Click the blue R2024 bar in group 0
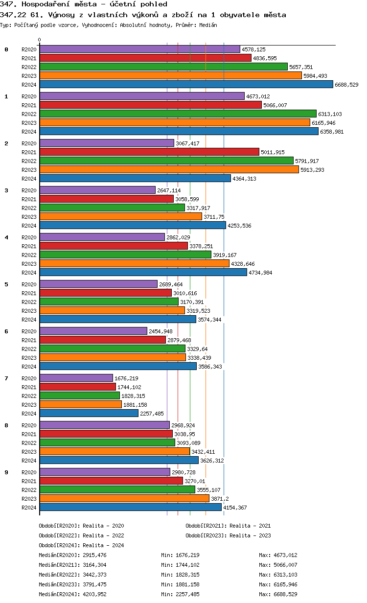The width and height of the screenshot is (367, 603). click(186, 85)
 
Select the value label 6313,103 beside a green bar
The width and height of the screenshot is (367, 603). click(330, 114)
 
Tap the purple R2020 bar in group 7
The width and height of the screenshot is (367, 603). click(76, 378)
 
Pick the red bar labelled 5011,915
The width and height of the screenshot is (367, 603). click(149, 152)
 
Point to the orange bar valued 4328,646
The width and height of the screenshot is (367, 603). click(134, 264)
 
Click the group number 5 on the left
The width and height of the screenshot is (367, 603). click(6, 284)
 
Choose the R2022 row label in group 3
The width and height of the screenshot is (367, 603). click(29, 208)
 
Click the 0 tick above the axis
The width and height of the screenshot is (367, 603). click(40, 40)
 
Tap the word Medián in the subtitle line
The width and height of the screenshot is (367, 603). click(208, 24)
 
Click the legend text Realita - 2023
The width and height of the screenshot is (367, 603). click(250, 535)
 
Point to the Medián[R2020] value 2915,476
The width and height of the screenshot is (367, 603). click(94, 555)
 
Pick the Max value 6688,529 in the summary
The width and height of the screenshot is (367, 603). click(285, 594)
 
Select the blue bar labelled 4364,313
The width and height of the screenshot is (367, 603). click(135, 179)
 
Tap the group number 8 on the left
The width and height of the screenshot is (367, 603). click(6, 425)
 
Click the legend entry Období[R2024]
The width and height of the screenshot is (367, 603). click(59, 545)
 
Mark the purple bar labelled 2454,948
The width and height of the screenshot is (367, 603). click(93, 331)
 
